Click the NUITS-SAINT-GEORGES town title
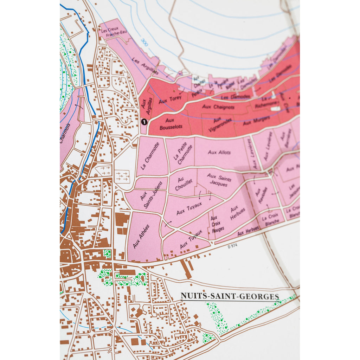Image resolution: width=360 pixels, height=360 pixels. [x=230, y=296]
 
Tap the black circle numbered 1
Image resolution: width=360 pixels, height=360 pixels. [x=143, y=122]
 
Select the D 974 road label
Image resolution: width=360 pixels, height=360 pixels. [x=232, y=246]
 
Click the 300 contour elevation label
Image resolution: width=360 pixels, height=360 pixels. [x=144, y=41]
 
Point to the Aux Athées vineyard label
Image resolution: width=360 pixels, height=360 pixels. [x=141, y=236]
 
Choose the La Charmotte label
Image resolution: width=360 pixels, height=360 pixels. [x=150, y=156]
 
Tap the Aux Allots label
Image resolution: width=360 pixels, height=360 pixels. [x=219, y=152]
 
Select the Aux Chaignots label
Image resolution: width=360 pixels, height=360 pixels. [x=218, y=107]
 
